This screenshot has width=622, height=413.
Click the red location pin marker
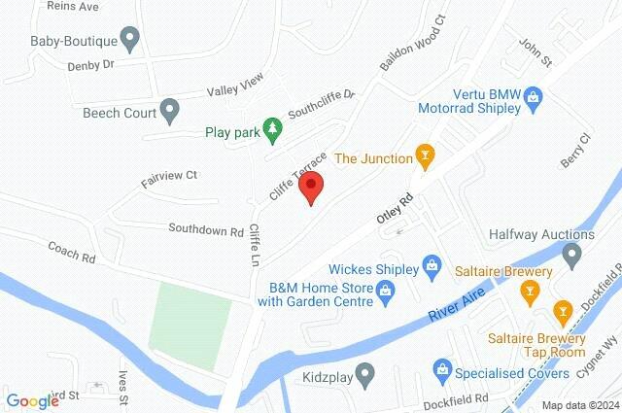tap(310, 187)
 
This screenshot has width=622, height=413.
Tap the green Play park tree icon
tap(274, 129)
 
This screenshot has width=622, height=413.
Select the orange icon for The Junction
tap(424, 155)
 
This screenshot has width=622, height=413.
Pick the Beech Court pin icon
tap(170, 111)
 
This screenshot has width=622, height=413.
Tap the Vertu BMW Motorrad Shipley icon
tap(533, 96)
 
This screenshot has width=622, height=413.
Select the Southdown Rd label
tap(205, 231)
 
